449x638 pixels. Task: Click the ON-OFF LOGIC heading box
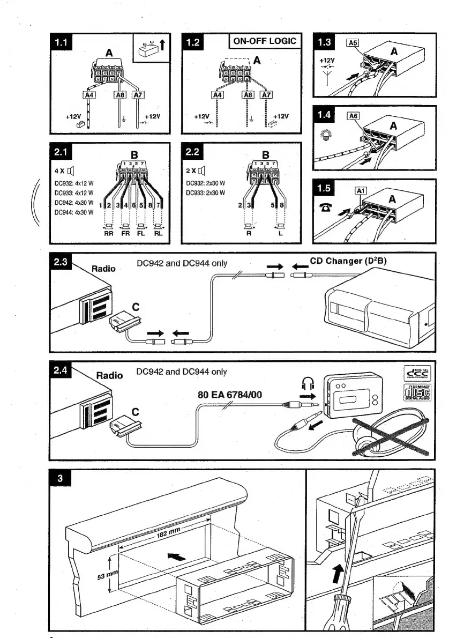(x=265, y=41)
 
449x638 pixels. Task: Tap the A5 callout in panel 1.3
(x=353, y=44)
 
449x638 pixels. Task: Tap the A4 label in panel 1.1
(x=89, y=95)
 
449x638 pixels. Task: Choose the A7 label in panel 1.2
(x=266, y=95)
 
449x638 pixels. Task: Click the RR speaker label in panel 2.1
(x=109, y=234)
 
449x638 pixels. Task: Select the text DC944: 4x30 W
(x=74, y=212)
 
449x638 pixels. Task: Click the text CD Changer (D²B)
(x=348, y=261)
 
